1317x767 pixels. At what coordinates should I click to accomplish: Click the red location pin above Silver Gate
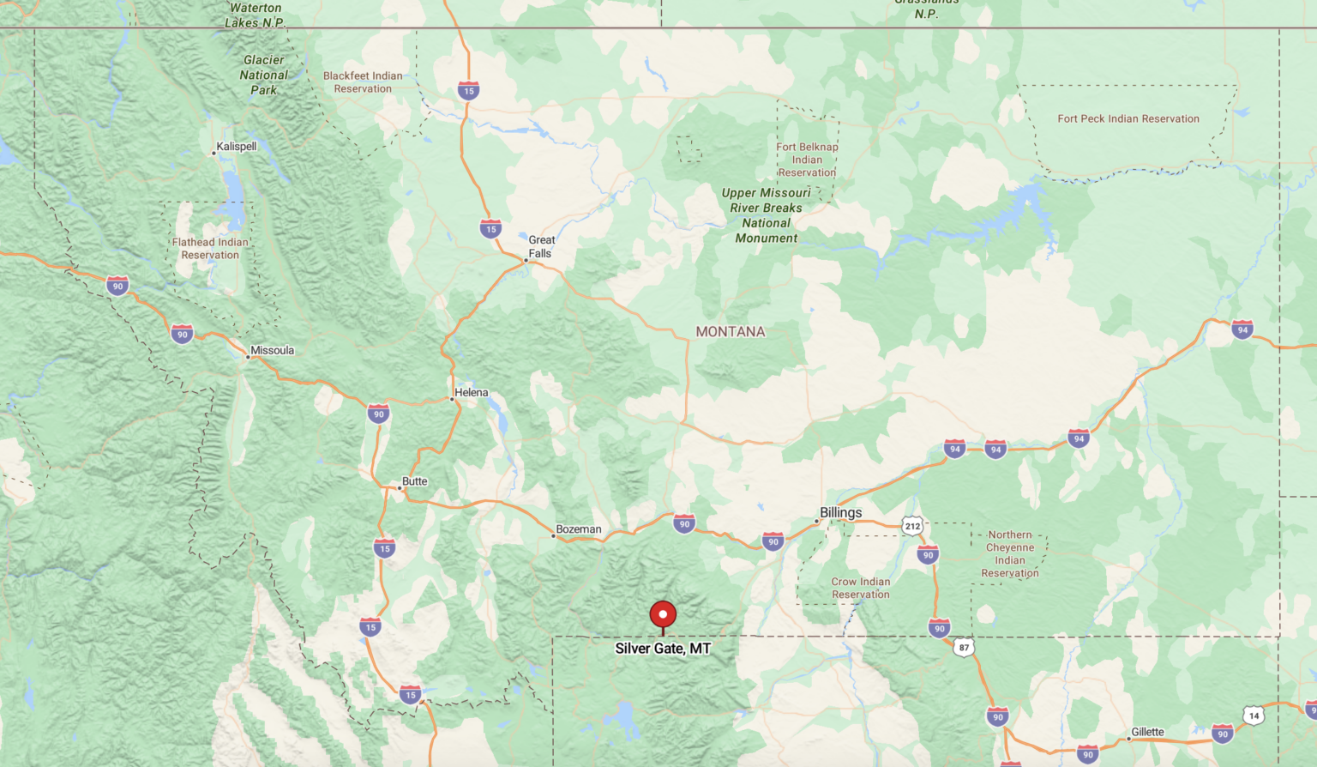point(663,615)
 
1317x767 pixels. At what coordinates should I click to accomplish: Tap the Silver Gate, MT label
point(663,649)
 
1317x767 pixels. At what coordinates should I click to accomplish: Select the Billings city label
point(840,512)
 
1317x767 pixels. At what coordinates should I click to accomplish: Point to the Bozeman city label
point(579,529)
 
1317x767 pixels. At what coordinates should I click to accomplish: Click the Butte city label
point(414,481)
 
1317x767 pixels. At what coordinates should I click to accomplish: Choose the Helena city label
point(471,392)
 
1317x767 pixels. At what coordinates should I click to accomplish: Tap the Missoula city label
point(272,350)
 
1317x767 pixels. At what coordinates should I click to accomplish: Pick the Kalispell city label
point(236,146)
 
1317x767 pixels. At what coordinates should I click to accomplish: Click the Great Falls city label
point(541,246)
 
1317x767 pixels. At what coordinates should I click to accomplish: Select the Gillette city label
point(1147,732)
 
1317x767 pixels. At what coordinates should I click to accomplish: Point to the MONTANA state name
point(731,332)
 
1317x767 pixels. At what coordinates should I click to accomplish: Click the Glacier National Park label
point(264,75)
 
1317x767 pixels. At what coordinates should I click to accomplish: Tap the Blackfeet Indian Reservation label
point(363,82)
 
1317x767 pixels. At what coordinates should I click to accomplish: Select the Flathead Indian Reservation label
point(210,248)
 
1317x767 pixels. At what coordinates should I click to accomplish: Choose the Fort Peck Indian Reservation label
point(1128,118)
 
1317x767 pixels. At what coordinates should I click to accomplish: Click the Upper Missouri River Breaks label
point(766,215)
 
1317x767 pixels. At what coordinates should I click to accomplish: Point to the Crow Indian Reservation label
point(860,588)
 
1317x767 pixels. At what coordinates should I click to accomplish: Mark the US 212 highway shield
point(912,526)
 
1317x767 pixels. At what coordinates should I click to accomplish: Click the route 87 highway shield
point(964,648)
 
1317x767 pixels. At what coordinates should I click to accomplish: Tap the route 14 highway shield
point(1254,716)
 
